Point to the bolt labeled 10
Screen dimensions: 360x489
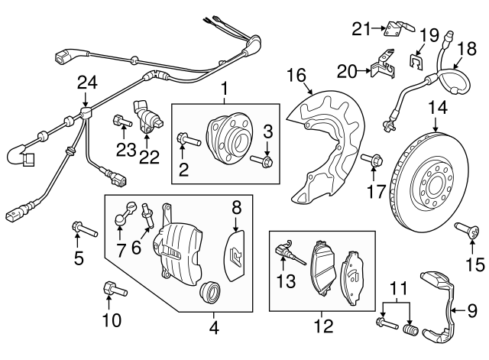coord(112,290)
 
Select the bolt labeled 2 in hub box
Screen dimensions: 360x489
coord(189,140)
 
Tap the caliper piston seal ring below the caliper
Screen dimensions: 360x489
coord(209,293)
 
